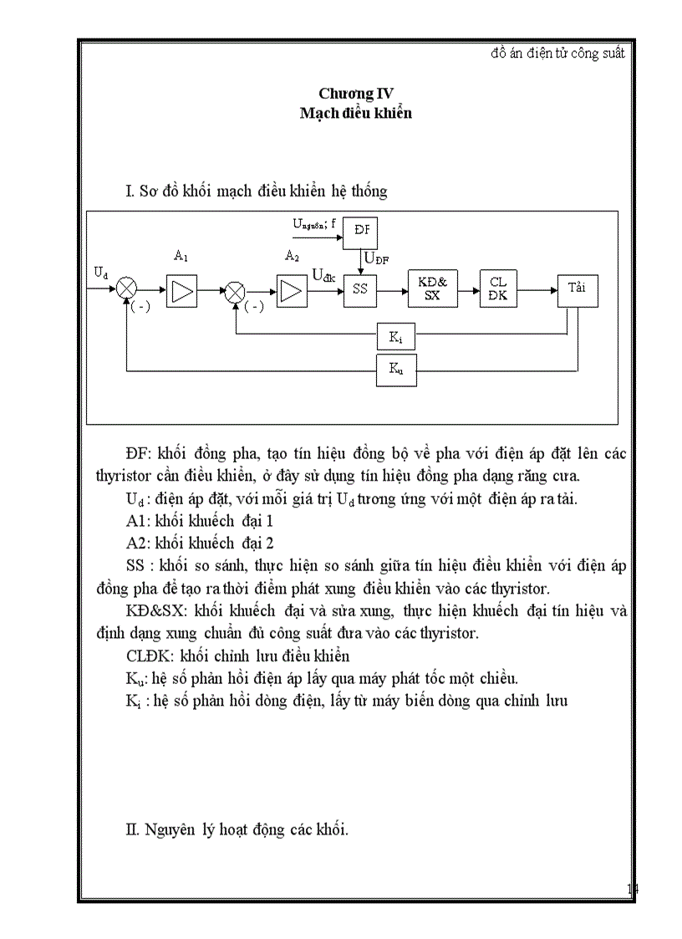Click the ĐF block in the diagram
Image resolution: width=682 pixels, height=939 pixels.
click(361, 232)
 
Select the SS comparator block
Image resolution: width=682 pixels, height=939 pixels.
click(360, 289)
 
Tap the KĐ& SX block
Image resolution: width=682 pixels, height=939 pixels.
click(432, 289)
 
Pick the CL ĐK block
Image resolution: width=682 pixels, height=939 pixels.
click(498, 289)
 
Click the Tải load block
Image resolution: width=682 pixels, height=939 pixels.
click(577, 289)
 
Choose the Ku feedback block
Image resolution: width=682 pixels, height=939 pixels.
click(394, 369)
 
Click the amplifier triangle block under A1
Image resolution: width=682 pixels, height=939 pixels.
click(181, 290)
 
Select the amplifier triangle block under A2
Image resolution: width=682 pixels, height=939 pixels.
click(291, 290)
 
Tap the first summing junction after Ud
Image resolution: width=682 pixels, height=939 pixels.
click(127, 289)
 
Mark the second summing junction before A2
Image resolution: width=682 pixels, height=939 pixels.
click(236, 290)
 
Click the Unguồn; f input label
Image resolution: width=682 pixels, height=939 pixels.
click(314, 224)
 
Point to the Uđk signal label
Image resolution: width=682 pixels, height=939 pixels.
click(323, 275)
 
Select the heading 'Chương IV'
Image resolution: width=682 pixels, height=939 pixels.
click(355, 94)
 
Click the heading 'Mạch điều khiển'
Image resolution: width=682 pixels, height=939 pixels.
click(355, 113)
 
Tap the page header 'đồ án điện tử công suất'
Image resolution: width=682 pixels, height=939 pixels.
click(557, 53)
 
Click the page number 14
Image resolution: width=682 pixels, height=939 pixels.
click(633, 889)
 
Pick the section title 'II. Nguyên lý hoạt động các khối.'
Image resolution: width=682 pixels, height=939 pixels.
click(237, 829)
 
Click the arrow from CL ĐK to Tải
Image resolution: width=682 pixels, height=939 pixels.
click(537, 290)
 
